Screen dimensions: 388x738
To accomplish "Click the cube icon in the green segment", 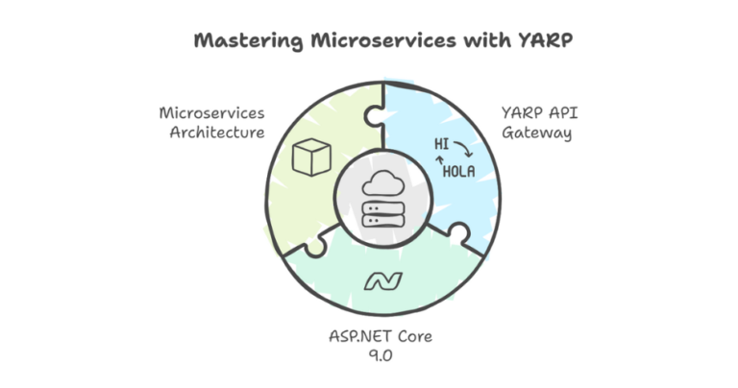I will [311, 157].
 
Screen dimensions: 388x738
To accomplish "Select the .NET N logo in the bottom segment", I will [381, 281].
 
